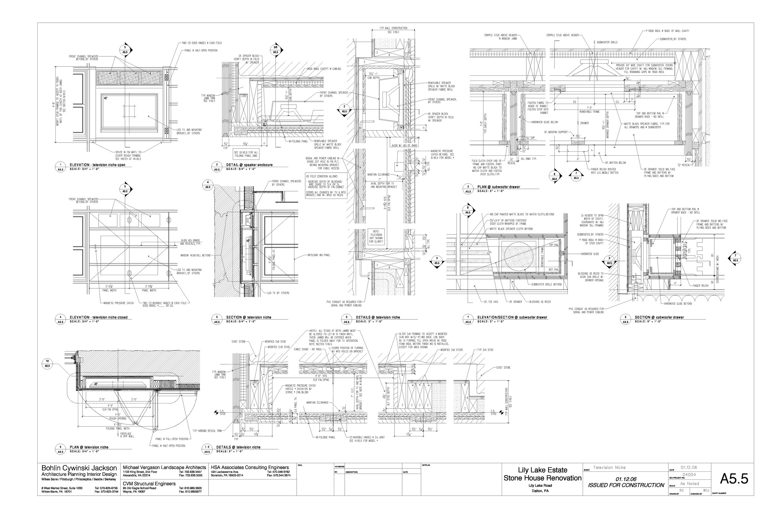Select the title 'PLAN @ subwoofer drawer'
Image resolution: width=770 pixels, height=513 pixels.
tap(498, 187)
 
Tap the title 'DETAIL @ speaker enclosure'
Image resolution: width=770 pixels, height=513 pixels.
tap(249, 165)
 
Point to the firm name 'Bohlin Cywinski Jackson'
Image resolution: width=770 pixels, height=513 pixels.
tap(79, 468)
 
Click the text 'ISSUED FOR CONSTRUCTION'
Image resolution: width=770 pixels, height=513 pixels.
tap(626, 485)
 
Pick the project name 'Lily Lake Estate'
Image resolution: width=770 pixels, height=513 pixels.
tap(542, 470)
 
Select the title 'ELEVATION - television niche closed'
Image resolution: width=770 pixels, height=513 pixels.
tap(99, 317)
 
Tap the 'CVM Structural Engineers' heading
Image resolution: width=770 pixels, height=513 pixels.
tap(149, 483)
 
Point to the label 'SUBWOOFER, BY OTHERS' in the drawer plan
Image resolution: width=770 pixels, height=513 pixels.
tap(673, 39)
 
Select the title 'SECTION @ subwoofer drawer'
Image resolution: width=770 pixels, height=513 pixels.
tap(659, 317)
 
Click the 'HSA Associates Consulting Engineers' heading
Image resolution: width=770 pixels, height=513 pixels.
tap(250, 467)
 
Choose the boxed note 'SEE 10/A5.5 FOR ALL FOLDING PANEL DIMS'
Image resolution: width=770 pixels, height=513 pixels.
tap(246, 154)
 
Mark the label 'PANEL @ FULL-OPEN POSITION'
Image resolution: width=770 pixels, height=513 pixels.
tap(172, 439)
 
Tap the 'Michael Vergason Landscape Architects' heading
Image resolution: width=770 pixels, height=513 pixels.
tap(164, 467)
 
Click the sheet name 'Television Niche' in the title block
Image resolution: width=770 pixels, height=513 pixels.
tap(609, 467)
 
